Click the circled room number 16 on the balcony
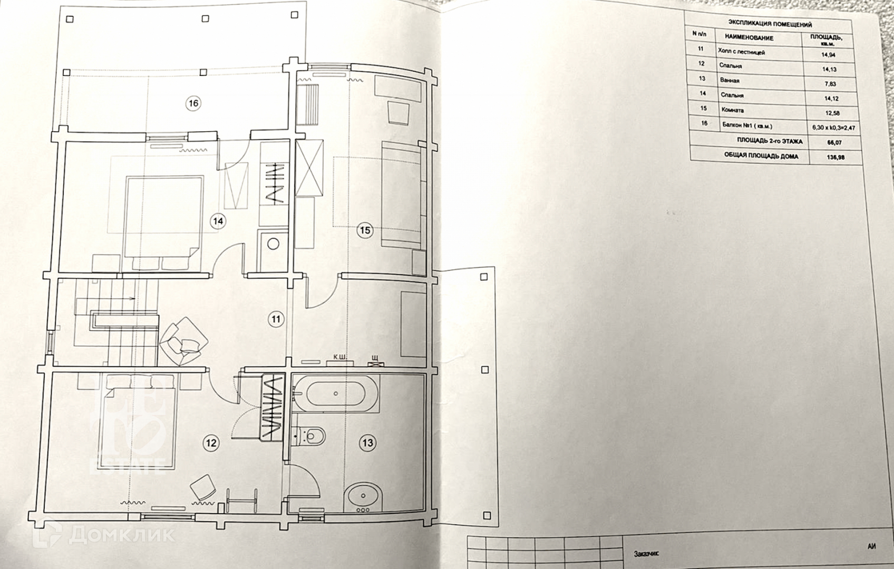coord(193,103)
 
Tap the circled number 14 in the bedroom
coord(218,221)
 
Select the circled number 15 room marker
coord(365,230)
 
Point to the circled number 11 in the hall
coord(276,319)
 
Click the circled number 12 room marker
coord(211,443)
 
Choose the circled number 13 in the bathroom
coord(367,443)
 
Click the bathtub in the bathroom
coord(335,394)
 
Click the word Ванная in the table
coord(730,81)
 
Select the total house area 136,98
coord(835,157)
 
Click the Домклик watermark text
coord(121,535)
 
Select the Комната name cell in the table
coord(733,110)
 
